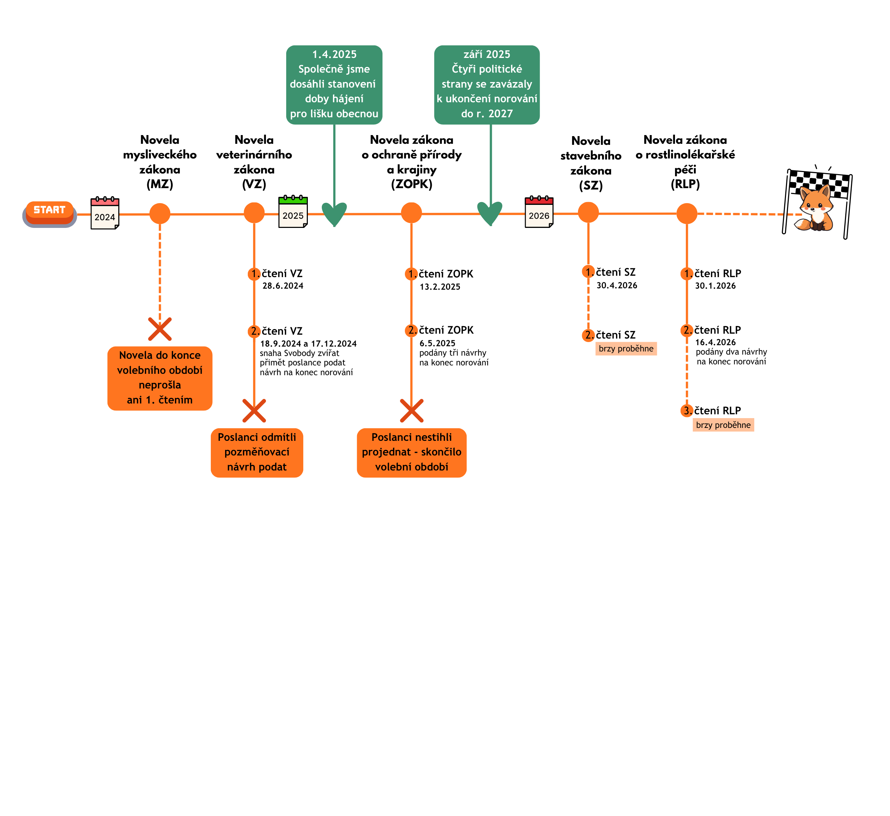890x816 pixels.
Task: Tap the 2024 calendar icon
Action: tap(105, 213)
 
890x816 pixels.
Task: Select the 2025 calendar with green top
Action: tap(293, 212)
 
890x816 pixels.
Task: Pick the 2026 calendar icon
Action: tap(539, 212)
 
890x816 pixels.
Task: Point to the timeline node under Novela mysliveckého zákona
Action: tap(160, 214)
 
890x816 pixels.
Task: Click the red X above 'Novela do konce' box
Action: tap(160, 329)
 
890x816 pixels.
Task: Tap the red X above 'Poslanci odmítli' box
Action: tap(254, 411)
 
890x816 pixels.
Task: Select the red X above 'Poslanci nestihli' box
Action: tap(411, 411)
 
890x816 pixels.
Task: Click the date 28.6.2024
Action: tap(283, 286)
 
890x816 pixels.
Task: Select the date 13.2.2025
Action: tap(440, 287)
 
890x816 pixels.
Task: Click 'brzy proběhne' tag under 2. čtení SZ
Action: tap(626, 348)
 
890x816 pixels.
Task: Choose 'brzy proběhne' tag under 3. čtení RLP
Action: tap(723, 425)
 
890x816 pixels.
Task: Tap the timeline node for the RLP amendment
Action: tap(687, 214)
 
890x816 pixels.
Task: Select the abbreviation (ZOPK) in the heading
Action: tap(411, 184)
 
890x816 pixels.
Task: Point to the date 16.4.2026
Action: tap(715, 342)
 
